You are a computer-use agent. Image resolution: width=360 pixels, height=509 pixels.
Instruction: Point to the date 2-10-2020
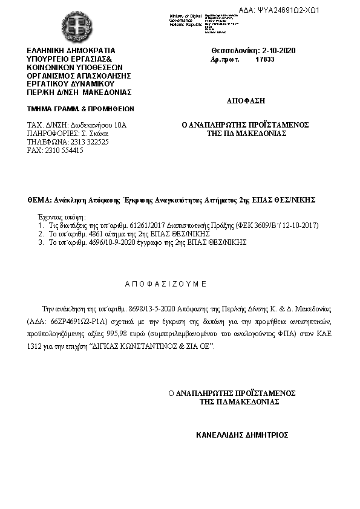click(278, 50)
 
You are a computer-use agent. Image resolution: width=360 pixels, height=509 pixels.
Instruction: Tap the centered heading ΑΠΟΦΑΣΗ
click(246, 100)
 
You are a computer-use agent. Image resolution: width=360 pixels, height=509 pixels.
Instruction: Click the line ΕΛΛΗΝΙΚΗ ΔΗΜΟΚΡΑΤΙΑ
click(70, 50)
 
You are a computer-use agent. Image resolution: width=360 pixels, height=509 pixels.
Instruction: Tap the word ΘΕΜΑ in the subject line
click(39, 199)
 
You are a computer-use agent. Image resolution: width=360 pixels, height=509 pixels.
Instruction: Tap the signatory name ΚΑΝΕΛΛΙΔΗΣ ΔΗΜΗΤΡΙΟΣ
click(242, 435)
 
